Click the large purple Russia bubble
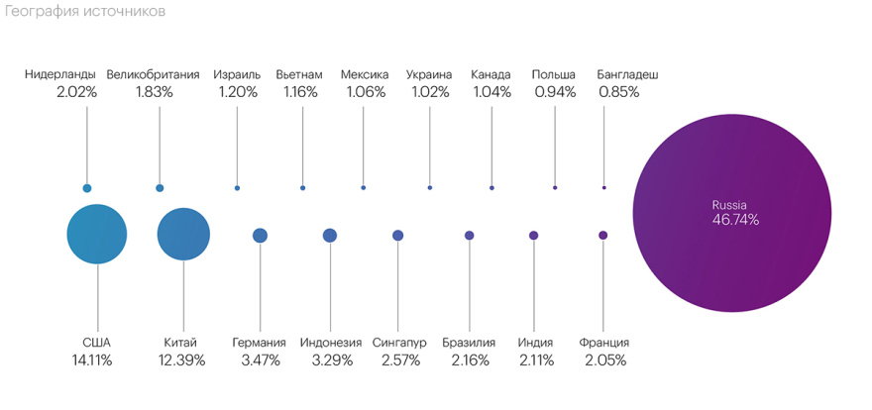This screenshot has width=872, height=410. pos(735,212)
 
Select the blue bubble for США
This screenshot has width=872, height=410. pos(97,235)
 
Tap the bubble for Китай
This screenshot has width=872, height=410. pos(184,235)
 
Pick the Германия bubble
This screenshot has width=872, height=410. pos(261,236)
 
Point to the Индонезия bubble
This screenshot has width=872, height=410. pos(330,236)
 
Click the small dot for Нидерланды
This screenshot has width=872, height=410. pos(87,188)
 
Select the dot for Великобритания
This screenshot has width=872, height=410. pos(160,188)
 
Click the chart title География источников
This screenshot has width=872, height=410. pos(83,12)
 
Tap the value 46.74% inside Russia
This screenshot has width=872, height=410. pos(735,220)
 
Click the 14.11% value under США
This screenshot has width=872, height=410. pos(91,360)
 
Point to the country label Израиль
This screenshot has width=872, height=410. pos(238,74)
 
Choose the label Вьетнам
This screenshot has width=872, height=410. pos(299,74)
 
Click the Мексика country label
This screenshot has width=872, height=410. pos(365,74)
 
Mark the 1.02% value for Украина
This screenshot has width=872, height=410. pos(429,92)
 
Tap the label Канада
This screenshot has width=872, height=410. pos(491,74)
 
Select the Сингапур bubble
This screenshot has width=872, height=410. pos(398,236)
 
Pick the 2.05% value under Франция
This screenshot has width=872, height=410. pos(605,360)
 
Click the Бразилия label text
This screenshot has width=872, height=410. pos(469,343)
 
